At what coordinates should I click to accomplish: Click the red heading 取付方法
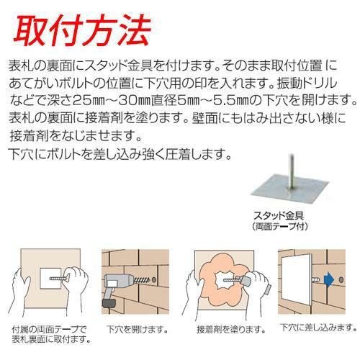tap(82, 30)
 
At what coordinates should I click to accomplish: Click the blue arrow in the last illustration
tap(329, 279)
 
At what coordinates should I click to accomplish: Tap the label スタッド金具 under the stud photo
tap(279, 215)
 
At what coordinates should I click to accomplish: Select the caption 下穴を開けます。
tap(138, 329)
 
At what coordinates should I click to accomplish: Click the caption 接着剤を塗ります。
tap(231, 330)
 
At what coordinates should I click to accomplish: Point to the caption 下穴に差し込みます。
tap(318, 328)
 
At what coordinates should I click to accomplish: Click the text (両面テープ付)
tap(280, 227)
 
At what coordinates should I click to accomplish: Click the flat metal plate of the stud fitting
tap(290, 189)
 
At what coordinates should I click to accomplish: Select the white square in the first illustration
tap(50, 279)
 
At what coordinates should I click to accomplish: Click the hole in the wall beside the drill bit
tap(154, 279)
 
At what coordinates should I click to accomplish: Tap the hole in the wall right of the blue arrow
tap(341, 279)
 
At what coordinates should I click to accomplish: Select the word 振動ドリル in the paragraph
tap(307, 84)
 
